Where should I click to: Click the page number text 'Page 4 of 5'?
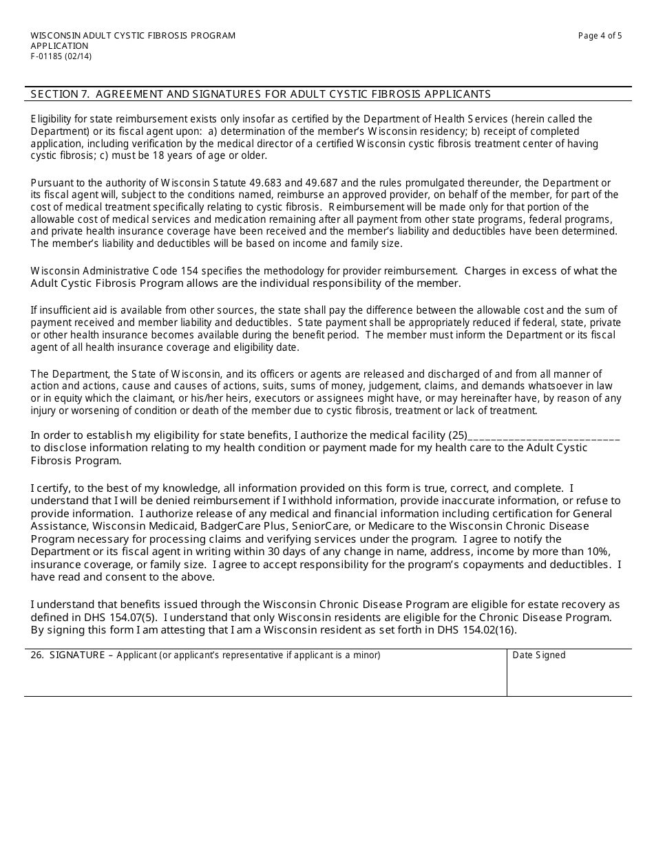(600, 36)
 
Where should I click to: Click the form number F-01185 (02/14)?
(61, 56)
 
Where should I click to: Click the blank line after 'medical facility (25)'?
(544, 435)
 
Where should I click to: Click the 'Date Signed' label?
(538, 655)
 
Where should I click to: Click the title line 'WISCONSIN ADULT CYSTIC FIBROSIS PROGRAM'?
(133, 36)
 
